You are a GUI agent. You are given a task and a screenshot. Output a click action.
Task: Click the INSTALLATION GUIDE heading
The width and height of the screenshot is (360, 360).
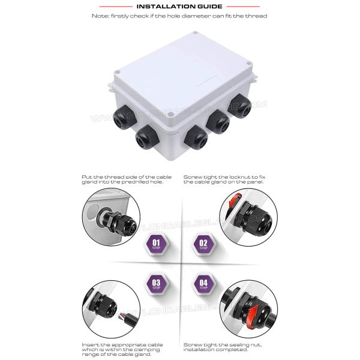(x=179, y=7)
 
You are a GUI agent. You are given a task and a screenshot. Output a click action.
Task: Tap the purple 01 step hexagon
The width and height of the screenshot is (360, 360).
(x=157, y=244)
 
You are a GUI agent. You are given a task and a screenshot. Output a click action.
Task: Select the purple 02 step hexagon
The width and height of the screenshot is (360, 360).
(x=203, y=244)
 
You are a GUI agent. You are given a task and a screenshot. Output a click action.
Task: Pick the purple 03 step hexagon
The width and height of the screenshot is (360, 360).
(x=157, y=284)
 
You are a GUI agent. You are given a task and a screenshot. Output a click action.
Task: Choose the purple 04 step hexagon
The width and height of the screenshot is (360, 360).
(x=203, y=284)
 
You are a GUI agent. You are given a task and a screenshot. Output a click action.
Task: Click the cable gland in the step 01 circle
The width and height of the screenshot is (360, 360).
(x=119, y=222)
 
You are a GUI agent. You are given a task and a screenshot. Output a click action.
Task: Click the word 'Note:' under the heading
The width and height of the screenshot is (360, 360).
(x=100, y=16)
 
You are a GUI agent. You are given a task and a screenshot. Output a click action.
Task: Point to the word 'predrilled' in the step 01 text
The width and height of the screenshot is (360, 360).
(x=135, y=182)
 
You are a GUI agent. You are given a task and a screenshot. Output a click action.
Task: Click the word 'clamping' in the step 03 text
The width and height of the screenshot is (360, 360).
(x=147, y=350)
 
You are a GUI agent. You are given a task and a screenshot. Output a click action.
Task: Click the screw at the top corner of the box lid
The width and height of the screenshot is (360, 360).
(x=195, y=33)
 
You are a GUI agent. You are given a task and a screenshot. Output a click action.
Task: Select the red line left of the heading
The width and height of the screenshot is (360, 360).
(x=116, y=7)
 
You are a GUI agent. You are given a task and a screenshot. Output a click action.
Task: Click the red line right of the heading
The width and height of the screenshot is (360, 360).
(x=243, y=7)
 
